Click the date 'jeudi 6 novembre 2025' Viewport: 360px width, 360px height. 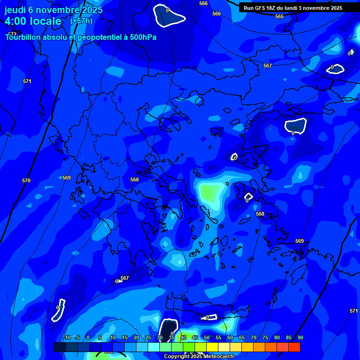click(53, 10)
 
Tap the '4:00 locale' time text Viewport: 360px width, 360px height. click(33, 21)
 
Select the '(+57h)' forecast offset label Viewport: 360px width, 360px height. click(81, 21)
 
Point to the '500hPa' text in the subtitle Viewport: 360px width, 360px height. click(143, 37)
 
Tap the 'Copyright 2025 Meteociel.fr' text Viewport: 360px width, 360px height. click(199, 356)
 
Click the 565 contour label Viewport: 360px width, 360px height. click(279, 16)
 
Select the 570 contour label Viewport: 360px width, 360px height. click(26, 180)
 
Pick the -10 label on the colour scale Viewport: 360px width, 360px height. click(67, 338)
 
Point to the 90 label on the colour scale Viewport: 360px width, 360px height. click(300, 338)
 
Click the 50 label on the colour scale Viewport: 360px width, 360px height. click(207, 338)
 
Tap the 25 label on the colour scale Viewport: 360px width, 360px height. click(148, 338)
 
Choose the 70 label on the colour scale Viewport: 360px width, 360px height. click(254, 338)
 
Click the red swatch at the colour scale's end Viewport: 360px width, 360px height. click(294, 347)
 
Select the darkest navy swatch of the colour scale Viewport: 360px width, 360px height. click(60, 347)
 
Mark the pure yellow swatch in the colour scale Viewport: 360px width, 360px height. click(212, 347)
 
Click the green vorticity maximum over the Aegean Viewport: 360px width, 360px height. click(210, 191)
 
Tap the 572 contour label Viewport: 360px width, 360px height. click(12, 34)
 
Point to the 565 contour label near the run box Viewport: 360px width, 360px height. click(279, 16)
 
